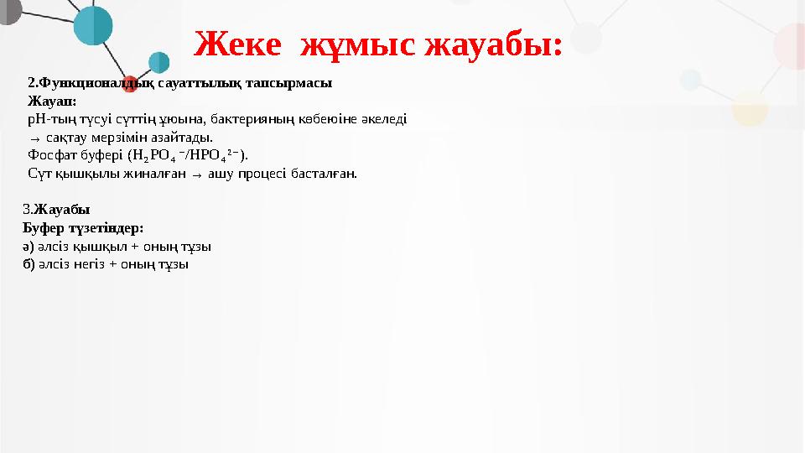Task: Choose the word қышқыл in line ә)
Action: point(87,247)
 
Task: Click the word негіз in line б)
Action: point(86,264)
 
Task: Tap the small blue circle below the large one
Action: point(158,61)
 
